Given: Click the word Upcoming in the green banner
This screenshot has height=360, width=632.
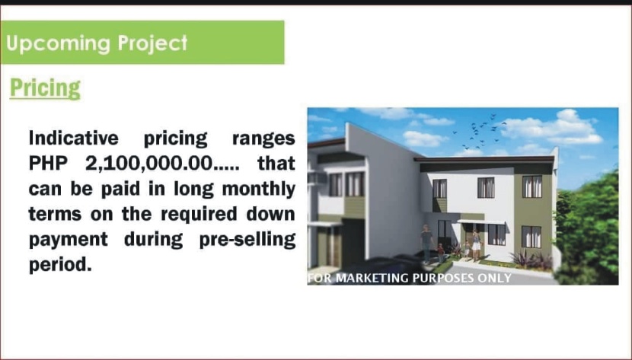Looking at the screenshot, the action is coord(58,43).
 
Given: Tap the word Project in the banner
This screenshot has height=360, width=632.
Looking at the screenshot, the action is coord(153,43).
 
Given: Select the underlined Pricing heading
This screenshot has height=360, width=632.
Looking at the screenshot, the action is coord(45,88).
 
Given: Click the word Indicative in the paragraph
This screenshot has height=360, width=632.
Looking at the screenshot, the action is coord(74,138).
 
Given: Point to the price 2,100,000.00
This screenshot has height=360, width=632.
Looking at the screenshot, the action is coord(148,164).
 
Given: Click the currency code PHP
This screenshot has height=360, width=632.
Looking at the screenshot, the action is coord(48,164).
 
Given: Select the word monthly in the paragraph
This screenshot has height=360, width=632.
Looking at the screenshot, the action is coord(259,190).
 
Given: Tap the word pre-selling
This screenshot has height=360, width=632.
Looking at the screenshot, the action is coord(247,240).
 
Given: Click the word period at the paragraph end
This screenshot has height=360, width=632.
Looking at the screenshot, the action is coord(60,266).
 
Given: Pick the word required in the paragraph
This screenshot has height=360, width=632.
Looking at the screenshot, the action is coord(199,215).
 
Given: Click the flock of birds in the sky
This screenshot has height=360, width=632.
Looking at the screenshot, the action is coord(484,131).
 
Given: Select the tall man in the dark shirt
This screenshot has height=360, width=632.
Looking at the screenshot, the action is coord(427,244).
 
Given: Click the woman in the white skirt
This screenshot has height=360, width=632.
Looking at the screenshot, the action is coord(476,245).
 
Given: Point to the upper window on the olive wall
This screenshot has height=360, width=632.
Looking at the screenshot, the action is coord(532,186).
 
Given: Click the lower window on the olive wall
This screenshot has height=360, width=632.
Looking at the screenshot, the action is coord(531,237).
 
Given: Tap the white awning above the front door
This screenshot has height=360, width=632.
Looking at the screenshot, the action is coord(480,222).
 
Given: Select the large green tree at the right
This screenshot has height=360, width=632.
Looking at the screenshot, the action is coord(587,230).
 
